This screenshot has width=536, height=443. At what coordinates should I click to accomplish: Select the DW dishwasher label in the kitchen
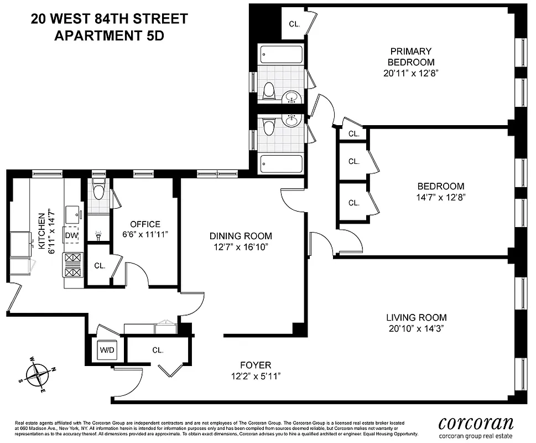[71, 235]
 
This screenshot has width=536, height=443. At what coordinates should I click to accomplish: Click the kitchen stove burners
[73, 265]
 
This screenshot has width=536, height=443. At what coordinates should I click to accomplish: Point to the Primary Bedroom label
[410, 56]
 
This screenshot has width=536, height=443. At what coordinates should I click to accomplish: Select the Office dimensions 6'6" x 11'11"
[145, 235]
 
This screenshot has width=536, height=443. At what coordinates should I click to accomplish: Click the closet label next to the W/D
[158, 350]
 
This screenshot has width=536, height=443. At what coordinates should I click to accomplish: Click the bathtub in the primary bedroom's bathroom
[281, 55]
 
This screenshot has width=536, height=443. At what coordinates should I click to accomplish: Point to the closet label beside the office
[100, 265]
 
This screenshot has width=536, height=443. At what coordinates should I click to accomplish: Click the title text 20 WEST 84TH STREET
[108, 19]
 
